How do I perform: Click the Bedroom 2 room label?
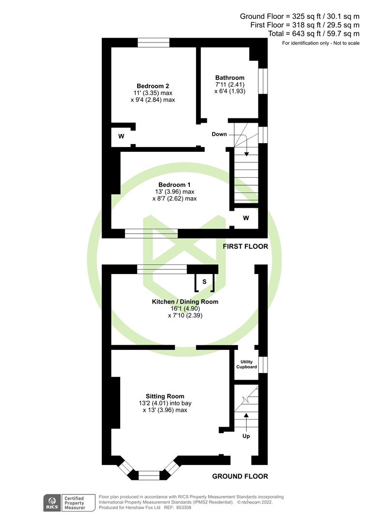point(152,86)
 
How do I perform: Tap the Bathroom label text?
point(229,77)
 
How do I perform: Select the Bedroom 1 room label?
point(174,185)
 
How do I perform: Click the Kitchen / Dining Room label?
point(185,302)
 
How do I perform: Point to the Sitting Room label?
point(165,396)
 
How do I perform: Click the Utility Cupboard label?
point(246,364)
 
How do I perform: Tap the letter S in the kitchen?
point(204,281)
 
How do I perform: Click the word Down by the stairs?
point(219,134)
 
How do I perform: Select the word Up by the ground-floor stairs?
point(246,436)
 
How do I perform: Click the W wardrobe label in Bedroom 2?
point(121,136)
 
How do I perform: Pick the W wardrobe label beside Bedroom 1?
point(246,218)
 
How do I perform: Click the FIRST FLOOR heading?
point(245,246)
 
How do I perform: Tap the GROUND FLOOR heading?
point(240,477)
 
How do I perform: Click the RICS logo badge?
point(51,502)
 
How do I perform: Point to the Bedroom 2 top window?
point(153,43)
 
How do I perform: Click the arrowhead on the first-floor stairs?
point(246,154)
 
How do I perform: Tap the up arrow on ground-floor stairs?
point(246,415)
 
